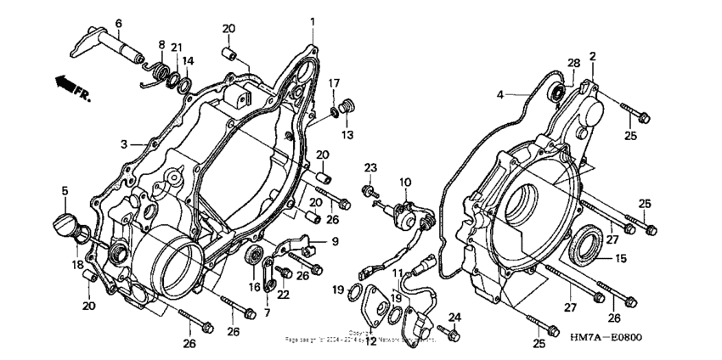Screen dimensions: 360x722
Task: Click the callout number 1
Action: click(312, 20)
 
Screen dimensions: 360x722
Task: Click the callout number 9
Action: click(335, 242)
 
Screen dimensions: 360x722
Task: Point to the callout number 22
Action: click(284, 295)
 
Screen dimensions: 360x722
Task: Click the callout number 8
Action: click(161, 44)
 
